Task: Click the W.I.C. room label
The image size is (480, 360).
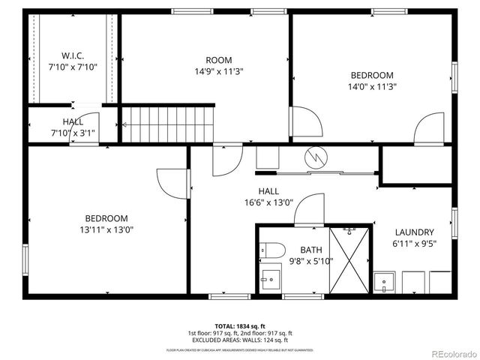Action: click(x=73, y=55)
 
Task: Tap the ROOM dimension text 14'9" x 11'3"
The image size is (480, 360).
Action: click(x=219, y=72)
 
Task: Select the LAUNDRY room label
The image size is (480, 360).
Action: click(x=414, y=232)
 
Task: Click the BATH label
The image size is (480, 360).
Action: click(x=310, y=250)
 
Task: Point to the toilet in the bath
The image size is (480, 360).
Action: click(x=271, y=250)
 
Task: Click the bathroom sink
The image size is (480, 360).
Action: click(x=268, y=280)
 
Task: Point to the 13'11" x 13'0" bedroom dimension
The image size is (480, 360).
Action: click(x=109, y=229)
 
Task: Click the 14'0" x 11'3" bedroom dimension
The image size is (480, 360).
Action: click(x=372, y=86)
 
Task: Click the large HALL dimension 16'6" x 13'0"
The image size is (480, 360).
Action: click(x=268, y=202)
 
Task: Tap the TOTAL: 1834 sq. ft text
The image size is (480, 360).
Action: click(x=239, y=326)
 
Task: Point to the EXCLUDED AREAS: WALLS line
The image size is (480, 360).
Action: click(x=239, y=340)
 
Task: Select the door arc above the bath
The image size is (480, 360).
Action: click(x=308, y=210)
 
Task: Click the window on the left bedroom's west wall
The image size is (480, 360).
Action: click(x=25, y=259)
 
